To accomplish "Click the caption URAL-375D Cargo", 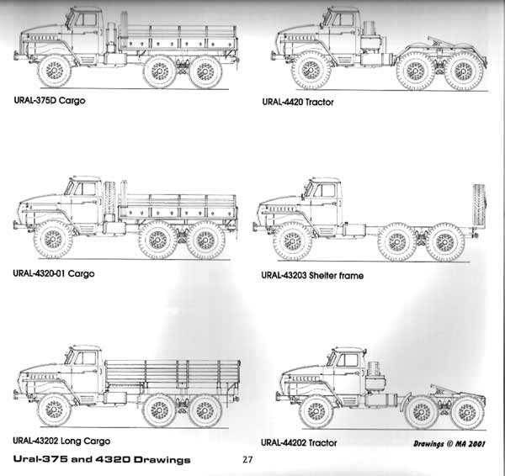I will pos(48,100).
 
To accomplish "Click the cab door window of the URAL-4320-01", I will pos(82,189).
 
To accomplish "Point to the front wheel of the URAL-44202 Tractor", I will pos(316,412).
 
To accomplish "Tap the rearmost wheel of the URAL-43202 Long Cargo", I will pos(203,410).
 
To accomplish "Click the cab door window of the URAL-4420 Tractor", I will pos(343,19).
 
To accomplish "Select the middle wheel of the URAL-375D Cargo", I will pos(159,71).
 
